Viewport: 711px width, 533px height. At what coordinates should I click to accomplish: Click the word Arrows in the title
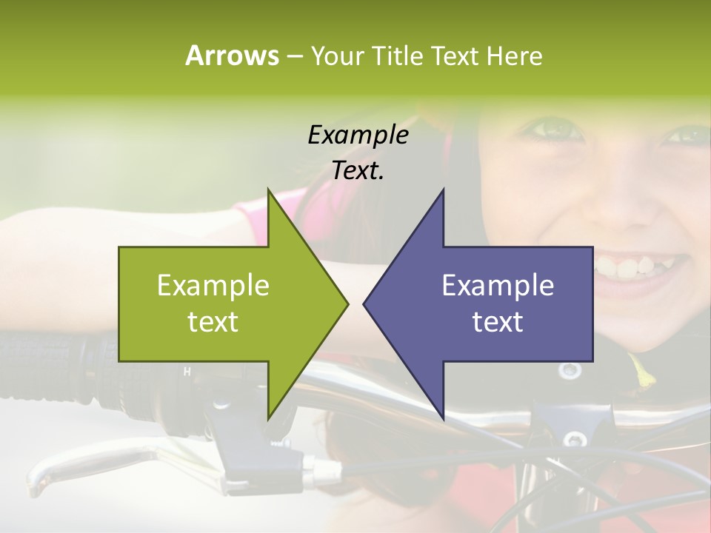click(x=232, y=56)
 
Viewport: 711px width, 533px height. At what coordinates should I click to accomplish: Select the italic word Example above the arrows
click(x=358, y=135)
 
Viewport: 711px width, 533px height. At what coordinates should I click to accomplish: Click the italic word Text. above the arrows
click(x=358, y=171)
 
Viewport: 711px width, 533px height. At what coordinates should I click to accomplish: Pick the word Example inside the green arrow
click(x=213, y=286)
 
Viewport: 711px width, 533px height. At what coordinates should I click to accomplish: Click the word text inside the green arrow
click(x=213, y=322)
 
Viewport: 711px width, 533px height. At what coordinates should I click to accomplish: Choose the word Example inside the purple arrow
click(x=498, y=286)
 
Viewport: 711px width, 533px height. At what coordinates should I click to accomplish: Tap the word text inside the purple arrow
click(x=498, y=322)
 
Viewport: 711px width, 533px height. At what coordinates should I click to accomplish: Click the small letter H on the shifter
click(x=187, y=372)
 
